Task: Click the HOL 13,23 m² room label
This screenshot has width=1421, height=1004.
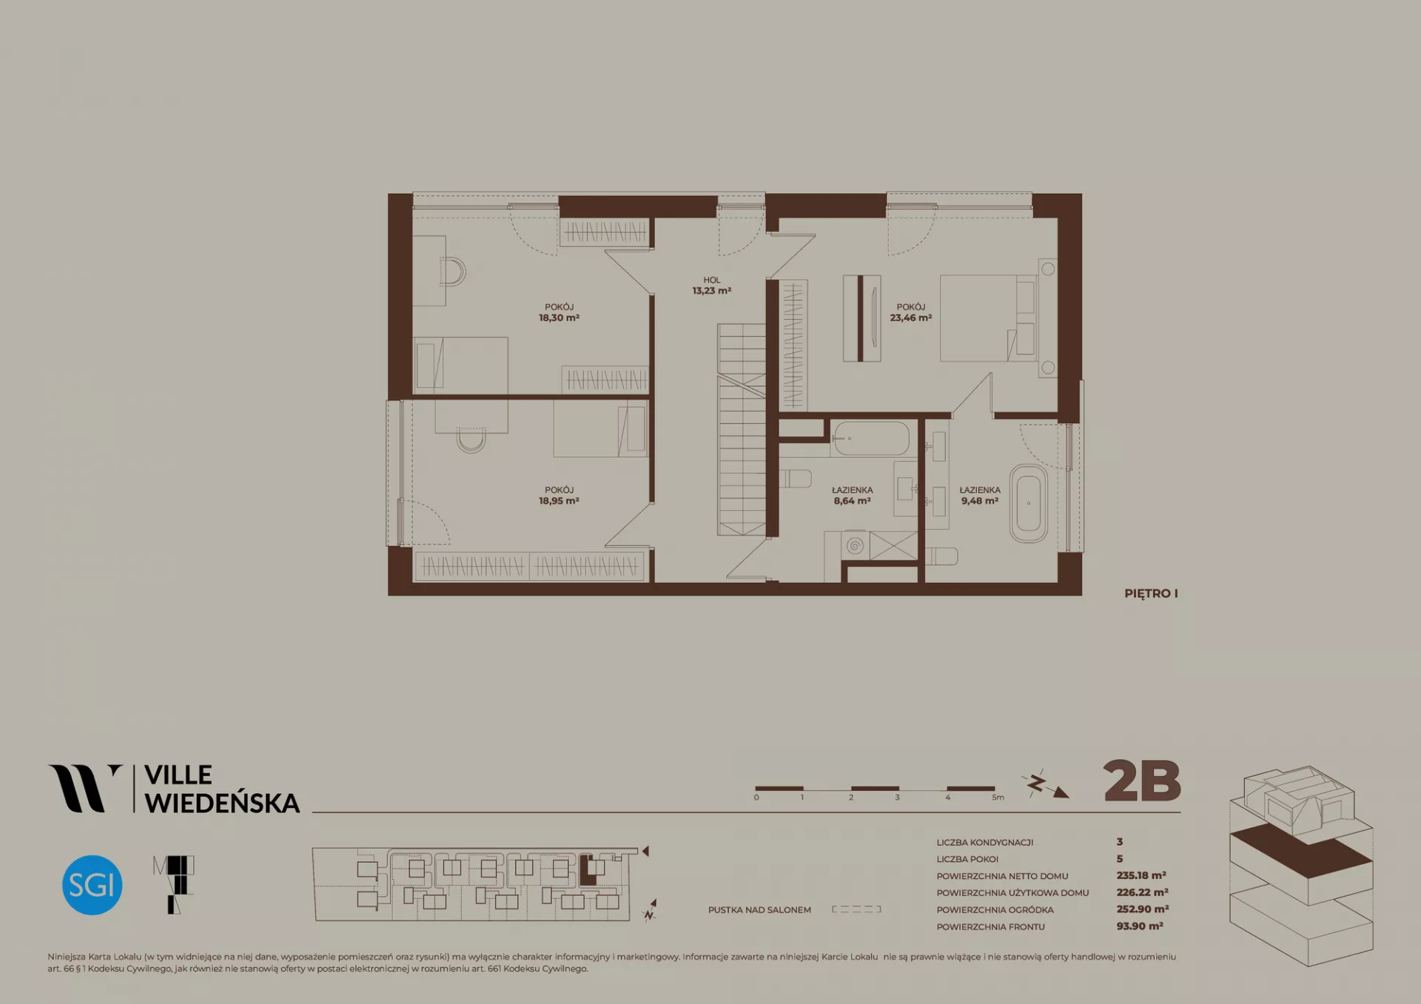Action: [712, 286]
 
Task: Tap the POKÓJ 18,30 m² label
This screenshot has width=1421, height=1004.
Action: [559, 312]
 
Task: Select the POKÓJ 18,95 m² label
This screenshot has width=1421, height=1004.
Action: [559, 495]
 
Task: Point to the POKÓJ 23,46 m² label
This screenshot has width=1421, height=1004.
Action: [910, 312]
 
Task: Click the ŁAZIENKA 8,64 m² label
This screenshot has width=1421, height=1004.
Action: [852, 495]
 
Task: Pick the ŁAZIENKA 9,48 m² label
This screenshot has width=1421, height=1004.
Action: [980, 495]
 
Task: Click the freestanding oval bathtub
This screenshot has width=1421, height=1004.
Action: [1029, 504]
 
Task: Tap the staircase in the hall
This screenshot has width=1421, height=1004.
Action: [741, 429]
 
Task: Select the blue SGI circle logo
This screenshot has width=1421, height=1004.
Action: [92, 885]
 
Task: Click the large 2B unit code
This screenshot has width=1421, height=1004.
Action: [1141, 781]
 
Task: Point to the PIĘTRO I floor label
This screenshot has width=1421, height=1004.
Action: [1151, 593]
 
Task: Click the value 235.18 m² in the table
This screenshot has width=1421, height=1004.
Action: [1141, 875]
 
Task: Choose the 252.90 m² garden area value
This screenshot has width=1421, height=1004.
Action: [1143, 909]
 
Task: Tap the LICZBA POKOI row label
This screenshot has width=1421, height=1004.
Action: [967, 859]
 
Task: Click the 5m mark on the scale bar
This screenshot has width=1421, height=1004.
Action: [998, 798]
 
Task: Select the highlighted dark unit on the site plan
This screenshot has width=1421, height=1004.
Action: [587, 871]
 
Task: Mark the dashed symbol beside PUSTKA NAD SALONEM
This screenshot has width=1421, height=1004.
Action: [856, 909]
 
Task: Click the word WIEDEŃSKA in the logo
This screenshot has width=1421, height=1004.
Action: [222, 802]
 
